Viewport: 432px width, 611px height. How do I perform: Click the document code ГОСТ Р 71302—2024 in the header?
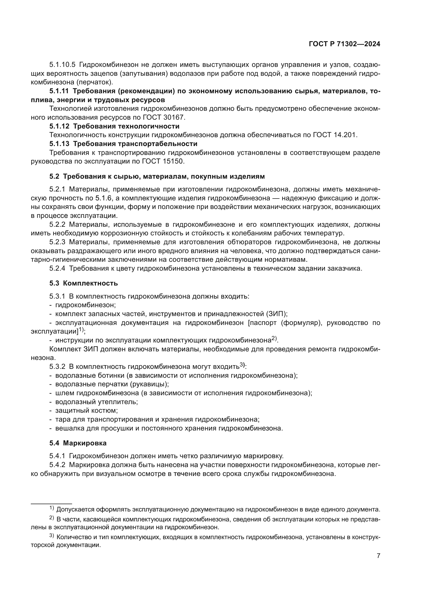344,44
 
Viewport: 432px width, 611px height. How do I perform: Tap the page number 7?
378,556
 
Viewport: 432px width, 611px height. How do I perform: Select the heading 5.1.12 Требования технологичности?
114,126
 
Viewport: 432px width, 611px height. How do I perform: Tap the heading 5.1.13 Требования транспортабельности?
123,144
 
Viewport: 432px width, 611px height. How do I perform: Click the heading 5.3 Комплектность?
84,283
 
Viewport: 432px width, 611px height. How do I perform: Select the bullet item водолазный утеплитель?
96,401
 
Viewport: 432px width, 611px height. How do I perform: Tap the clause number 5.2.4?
57,268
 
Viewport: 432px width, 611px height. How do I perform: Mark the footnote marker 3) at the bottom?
52,536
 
